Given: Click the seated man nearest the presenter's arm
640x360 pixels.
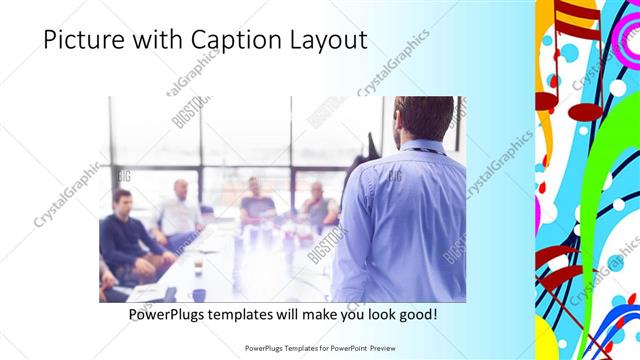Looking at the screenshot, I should tap(319, 205).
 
